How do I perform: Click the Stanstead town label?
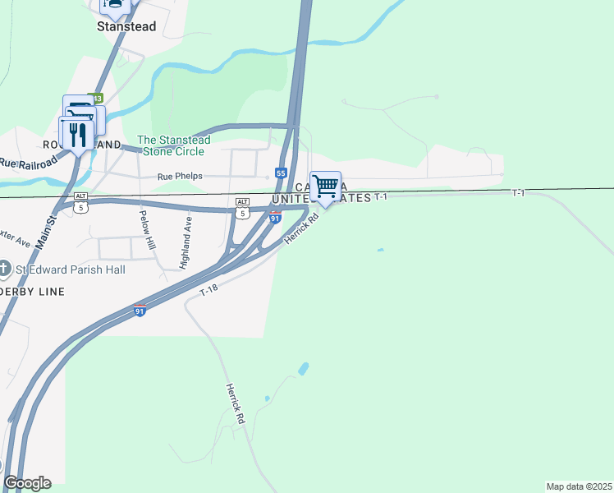pos(126,26)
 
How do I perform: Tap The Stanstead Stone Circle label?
pos(173,145)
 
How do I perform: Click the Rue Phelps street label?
pos(179,177)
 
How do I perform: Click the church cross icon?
pos(5,269)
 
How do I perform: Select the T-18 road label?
pos(210,293)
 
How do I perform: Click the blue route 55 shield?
pos(281,173)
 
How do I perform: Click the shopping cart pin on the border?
pos(326,187)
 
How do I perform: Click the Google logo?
pos(27,483)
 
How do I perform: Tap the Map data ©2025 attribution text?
pos(579,486)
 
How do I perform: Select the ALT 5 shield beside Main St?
pos(80,202)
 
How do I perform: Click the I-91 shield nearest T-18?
pos(140,311)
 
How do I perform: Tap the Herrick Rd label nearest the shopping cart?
pos(300,229)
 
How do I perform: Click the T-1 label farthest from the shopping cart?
pos(517,193)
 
